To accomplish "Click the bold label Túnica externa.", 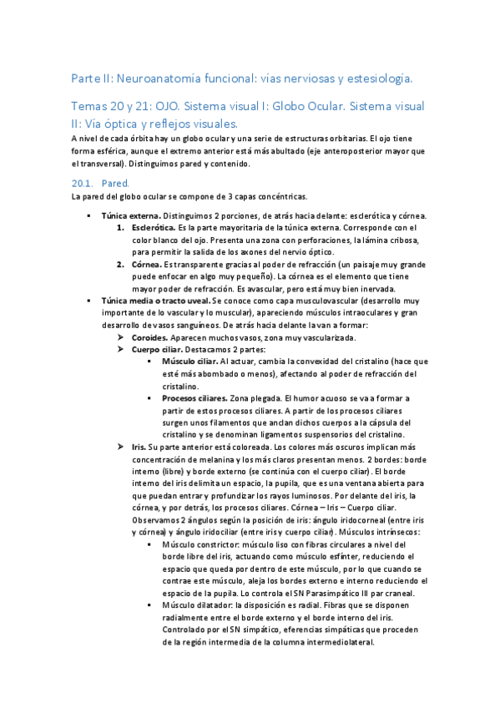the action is [130, 215].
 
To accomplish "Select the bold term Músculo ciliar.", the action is [189, 362].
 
